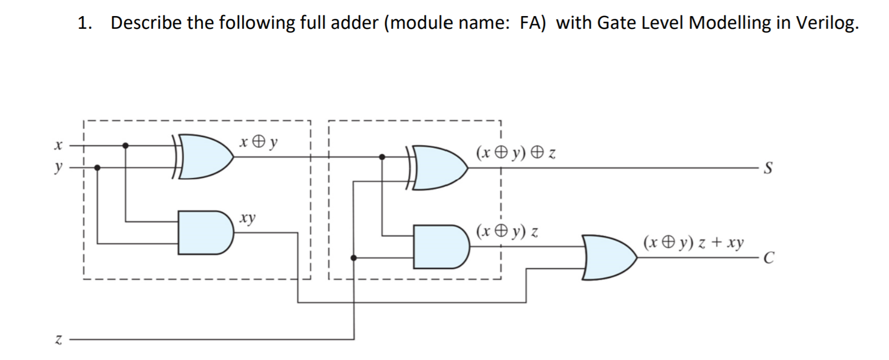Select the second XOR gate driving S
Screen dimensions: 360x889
(440, 167)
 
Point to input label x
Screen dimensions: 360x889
(57, 145)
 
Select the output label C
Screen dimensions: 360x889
(768, 258)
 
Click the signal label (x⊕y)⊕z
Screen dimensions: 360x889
(515, 152)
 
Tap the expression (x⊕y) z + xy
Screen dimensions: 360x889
(693, 243)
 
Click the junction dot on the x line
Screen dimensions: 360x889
(126, 146)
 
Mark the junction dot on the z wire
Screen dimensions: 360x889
(354, 258)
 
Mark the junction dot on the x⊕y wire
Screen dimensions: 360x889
(382, 157)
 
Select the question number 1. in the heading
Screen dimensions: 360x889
(84, 23)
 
